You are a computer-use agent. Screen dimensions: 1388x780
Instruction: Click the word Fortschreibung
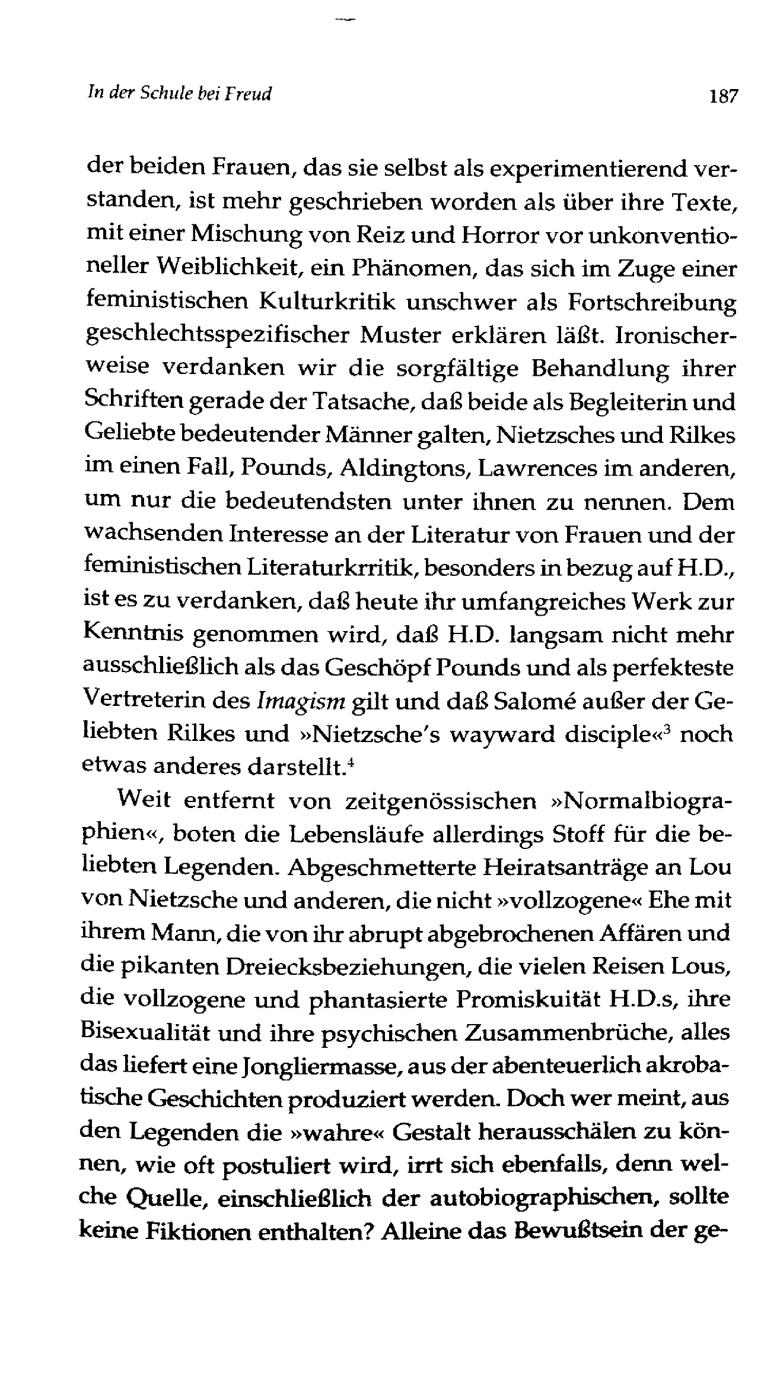point(651,304)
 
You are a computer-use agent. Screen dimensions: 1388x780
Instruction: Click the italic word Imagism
point(301,702)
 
